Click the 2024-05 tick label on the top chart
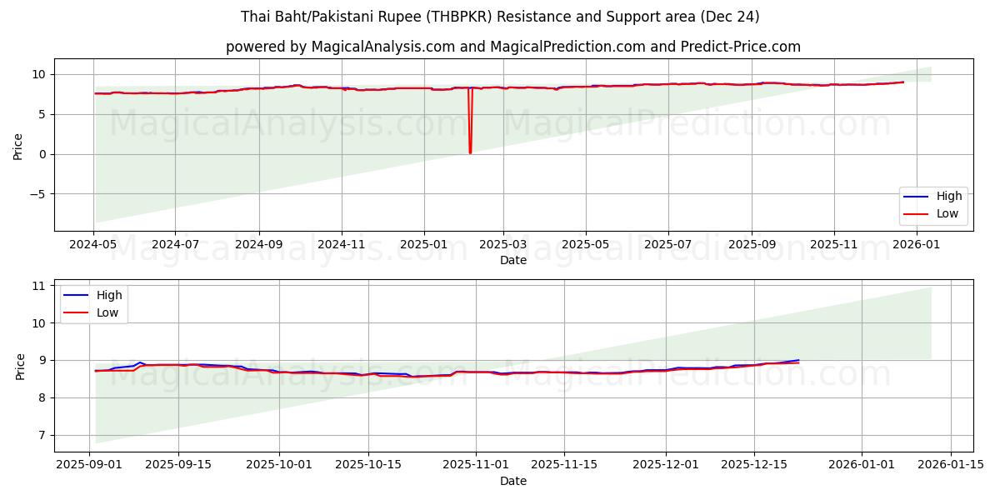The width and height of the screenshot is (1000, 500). (94, 245)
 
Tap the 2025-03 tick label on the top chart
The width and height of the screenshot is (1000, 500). (503, 245)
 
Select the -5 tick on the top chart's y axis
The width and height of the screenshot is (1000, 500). (38, 194)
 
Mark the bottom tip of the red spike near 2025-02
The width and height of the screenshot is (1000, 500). (470, 153)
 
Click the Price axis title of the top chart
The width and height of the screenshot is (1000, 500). (18, 145)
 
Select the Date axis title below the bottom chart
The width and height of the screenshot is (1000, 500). (513, 481)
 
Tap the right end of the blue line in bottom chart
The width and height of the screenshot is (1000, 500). (798, 360)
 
